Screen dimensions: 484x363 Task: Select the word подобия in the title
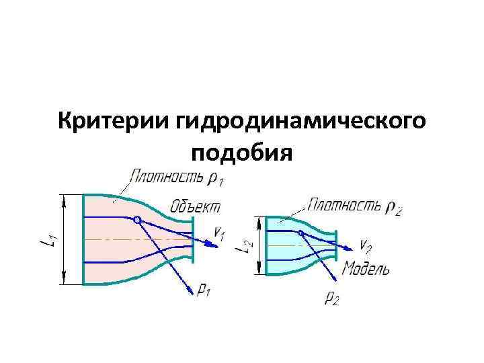click(x=242, y=154)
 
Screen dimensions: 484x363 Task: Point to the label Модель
click(x=366, y=270)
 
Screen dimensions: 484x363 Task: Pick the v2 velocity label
click(x=366, y=244)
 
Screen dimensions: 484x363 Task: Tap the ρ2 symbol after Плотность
click(x=395, y=207)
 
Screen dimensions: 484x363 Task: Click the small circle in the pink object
click(x=137, y=219)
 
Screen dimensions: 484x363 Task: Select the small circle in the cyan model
click(x=301, y=233)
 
